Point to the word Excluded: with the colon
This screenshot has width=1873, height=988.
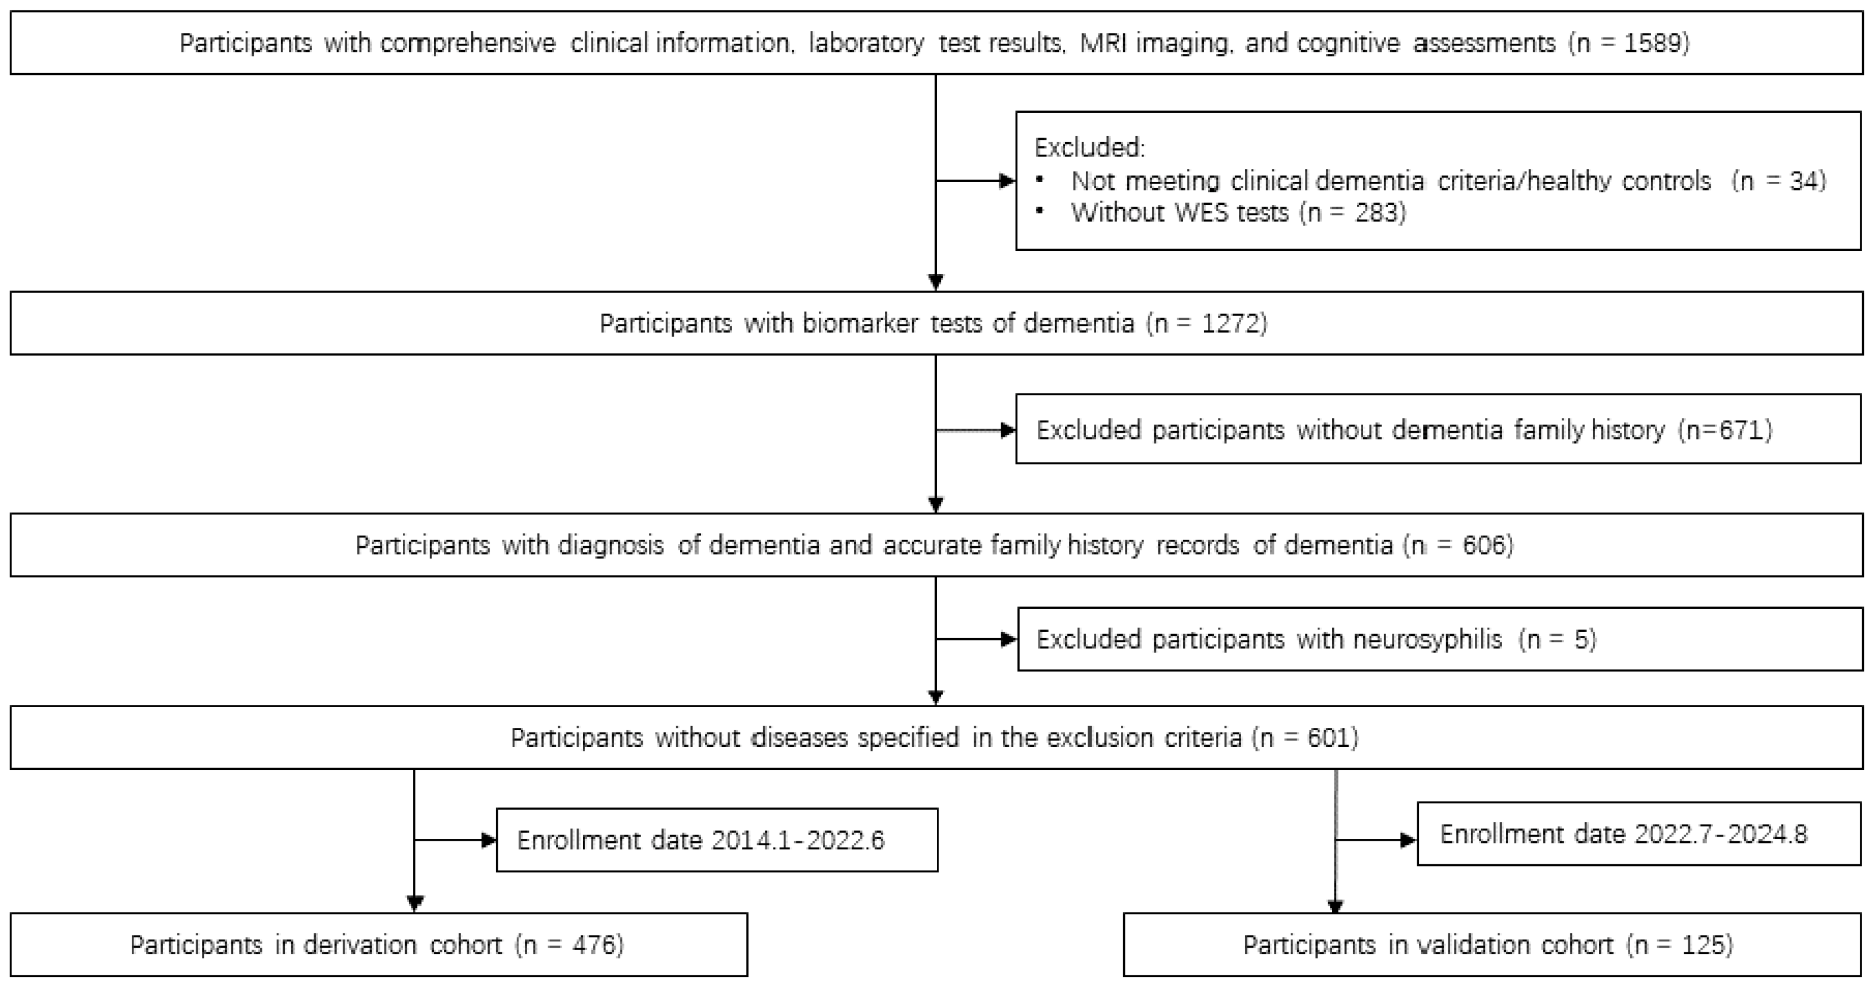coord(1089,147)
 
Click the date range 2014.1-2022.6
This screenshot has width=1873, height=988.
coord(798,841)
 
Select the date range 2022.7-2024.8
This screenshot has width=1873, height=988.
coord(1721,833)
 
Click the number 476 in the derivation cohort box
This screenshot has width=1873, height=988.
coord(593,944)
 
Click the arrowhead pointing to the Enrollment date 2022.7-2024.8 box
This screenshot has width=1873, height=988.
coord(1409,841)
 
